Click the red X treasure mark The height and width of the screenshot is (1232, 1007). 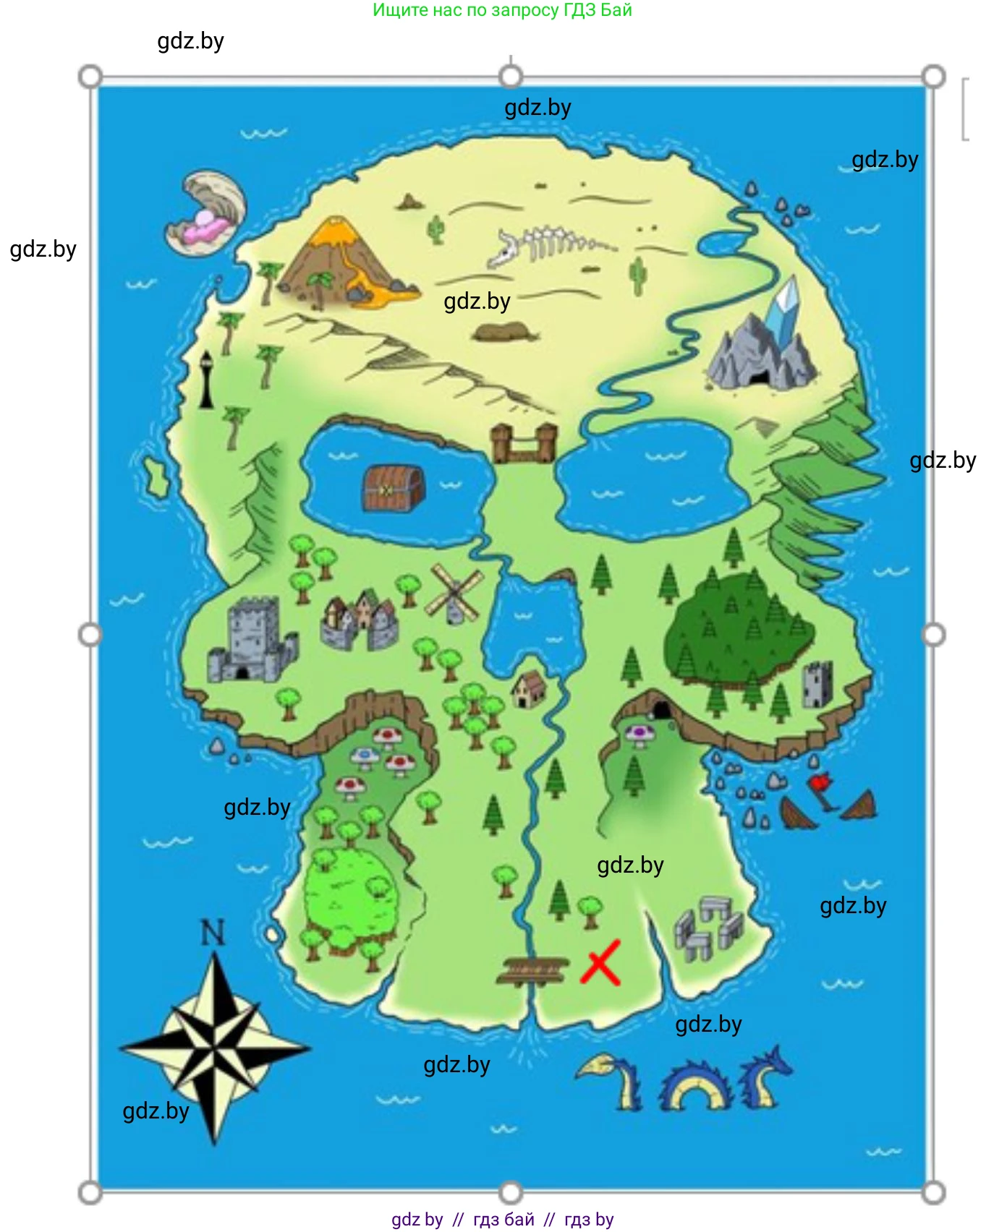coord(600,962)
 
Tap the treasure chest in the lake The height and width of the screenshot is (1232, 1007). coord(393,489)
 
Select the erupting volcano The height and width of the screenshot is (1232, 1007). coord(341,261)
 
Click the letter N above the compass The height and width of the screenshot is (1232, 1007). coord(213,933)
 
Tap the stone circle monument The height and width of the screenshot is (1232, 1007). coord(708,929)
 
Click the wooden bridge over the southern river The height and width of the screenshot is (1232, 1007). coord(533,970)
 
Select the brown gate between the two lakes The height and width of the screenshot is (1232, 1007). coord(524,443)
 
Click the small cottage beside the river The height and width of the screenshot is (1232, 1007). coord(530,689)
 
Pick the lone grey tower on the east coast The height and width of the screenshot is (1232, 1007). coord(817,683)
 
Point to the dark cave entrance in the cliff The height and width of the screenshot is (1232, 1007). coord(660,709)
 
